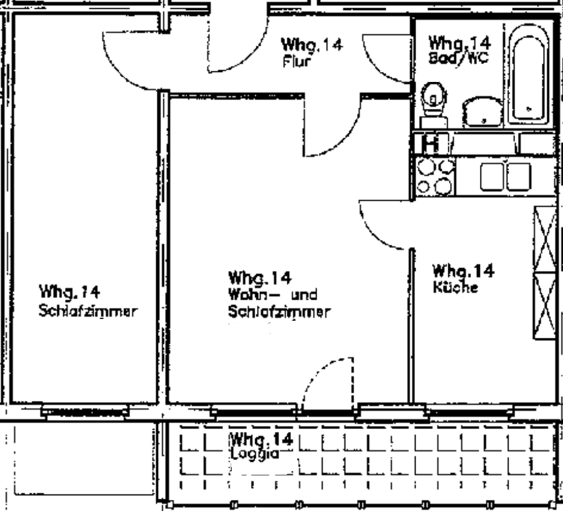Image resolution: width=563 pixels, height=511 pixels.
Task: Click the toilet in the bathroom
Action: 434,105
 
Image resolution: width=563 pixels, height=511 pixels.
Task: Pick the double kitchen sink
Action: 506,176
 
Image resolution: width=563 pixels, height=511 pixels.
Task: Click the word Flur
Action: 297,61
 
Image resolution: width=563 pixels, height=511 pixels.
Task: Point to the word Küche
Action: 455,287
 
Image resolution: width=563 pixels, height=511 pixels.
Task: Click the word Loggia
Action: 254,453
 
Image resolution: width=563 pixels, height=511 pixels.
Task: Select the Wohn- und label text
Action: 273,294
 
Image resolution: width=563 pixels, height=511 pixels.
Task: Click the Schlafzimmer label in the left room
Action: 88,311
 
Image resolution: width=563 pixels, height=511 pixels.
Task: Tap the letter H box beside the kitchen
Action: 431,143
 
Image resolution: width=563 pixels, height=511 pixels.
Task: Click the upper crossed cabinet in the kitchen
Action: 545,239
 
